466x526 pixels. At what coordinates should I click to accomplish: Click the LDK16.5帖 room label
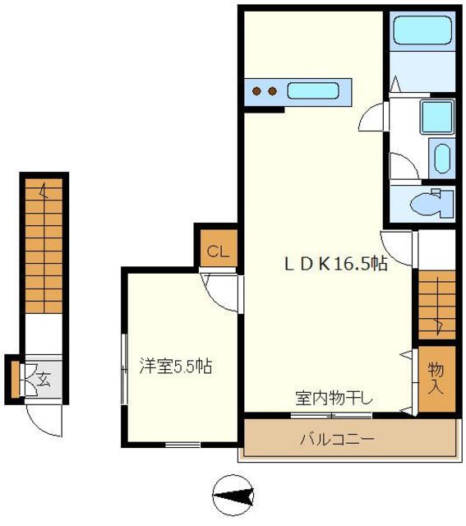pos(336,265)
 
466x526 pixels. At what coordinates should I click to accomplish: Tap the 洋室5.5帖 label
pos(175,367)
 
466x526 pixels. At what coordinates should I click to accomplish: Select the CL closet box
pos(217,251)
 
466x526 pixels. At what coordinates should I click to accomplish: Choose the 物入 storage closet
pos(436,379)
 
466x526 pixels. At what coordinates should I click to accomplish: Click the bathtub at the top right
pos(422,32)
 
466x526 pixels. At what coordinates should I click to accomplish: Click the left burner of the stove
pos(256,90)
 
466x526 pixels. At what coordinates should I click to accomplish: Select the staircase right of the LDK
pos(436,304)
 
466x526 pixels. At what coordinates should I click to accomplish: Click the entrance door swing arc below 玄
pos(43,419)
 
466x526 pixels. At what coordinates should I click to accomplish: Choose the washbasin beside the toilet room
pos(442,157)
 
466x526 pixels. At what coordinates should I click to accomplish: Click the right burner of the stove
pos(270,90)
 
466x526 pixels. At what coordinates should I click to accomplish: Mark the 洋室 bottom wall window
pos(182,445)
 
